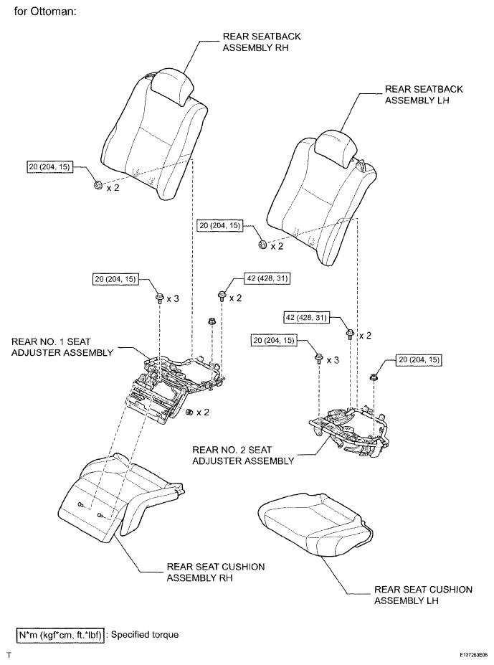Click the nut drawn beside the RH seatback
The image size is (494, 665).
coord(97,187)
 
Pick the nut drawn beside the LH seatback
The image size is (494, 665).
coord(262,245)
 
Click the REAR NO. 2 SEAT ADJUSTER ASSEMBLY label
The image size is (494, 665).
coord(243,455)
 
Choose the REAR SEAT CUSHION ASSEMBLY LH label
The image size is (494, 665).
coord(423,595)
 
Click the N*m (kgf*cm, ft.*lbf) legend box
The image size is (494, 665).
coord(61,634)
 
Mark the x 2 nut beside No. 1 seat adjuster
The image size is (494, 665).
coord(189,412)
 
